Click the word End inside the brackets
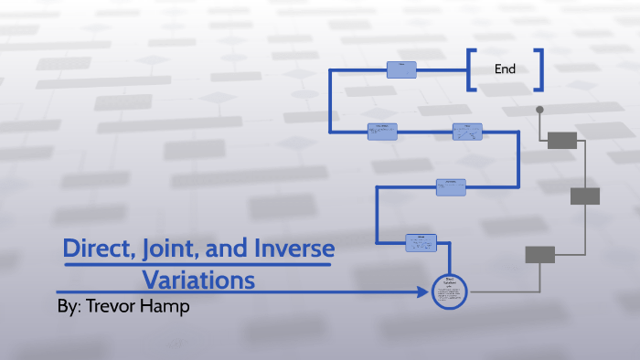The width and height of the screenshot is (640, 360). click(x=506, y=69)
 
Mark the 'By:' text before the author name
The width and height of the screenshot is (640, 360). click(x=69, y=307)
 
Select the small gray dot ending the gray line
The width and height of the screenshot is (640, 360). click(x=539, y=110)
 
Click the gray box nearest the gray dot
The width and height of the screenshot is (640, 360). click(x=562, y=140)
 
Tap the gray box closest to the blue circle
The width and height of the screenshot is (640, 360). click(x=539, y=255)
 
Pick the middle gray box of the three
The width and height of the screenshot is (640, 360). click(x=585, y=196)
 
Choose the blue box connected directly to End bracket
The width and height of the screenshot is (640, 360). click(x=401, y=69)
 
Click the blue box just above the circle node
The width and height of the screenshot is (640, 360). click(x=421, y=242)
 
